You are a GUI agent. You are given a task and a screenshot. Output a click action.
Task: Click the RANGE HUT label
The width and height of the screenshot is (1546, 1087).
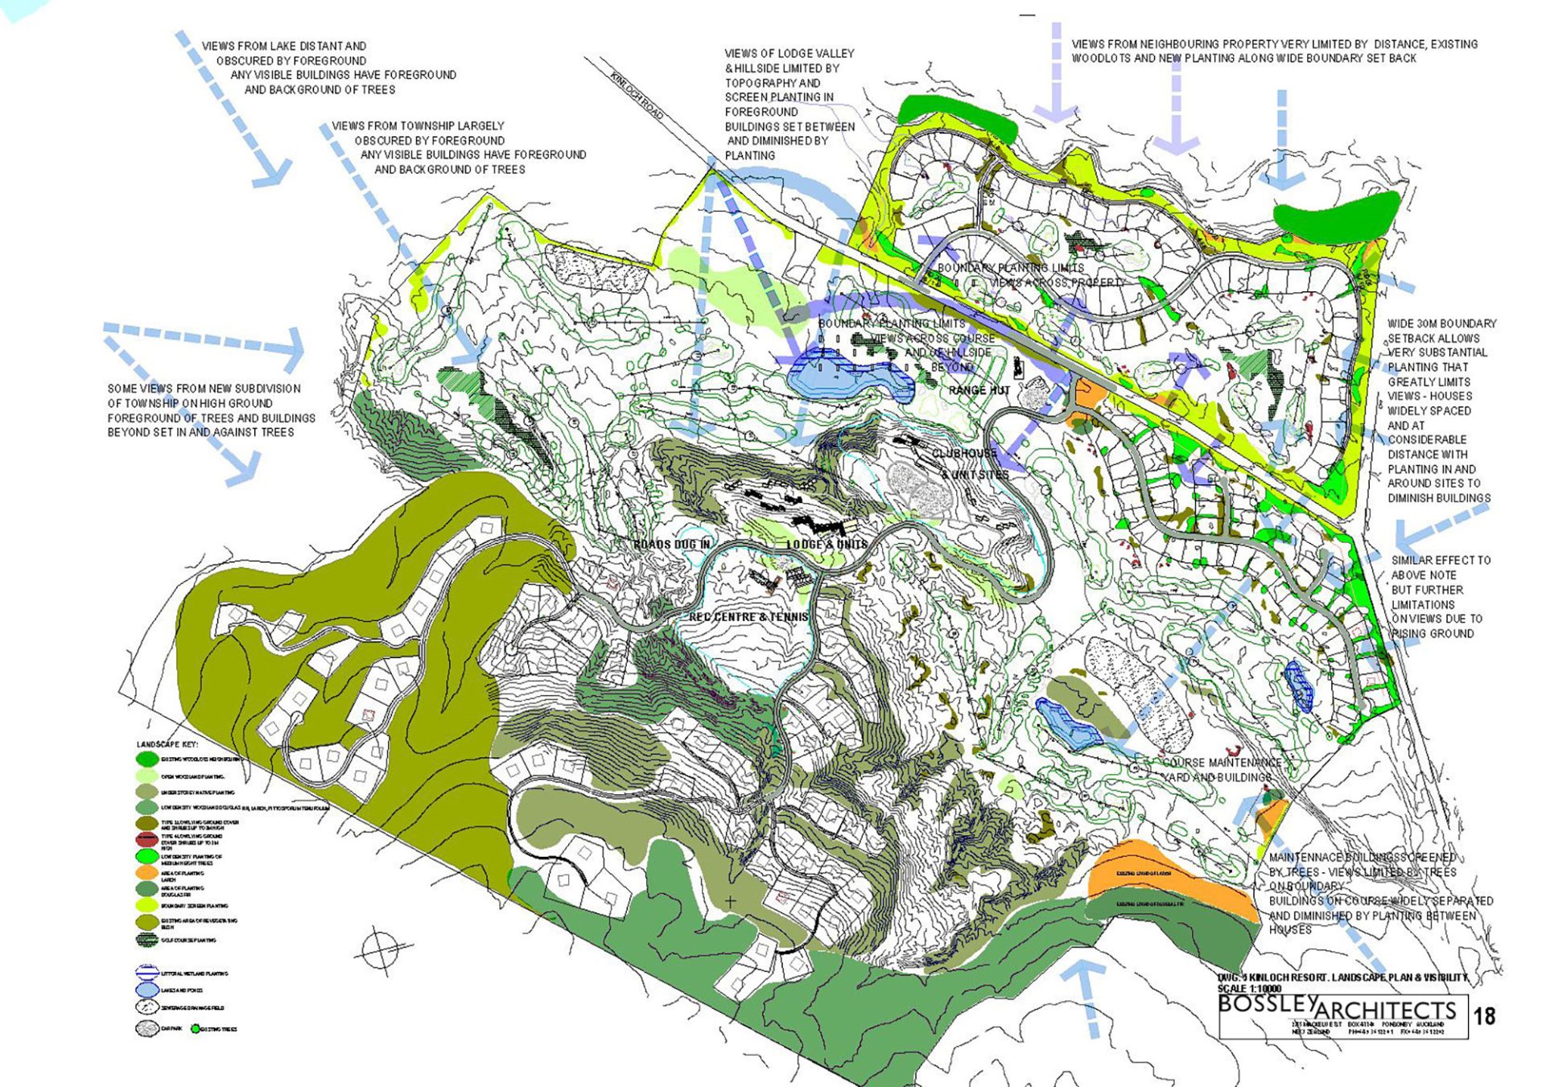pos(979,390)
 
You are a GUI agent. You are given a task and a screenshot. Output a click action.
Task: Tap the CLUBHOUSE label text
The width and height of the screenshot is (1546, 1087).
pos(964,454)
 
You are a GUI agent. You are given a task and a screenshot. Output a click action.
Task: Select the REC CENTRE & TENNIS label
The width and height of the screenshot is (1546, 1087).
pos(748,617)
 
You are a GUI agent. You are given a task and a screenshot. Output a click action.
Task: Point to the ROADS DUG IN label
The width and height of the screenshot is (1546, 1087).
pos(672,545)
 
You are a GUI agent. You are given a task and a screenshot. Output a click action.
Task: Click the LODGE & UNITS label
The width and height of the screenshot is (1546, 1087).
pos(827,545)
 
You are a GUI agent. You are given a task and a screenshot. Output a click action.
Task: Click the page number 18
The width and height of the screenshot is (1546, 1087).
pos(1484,1016)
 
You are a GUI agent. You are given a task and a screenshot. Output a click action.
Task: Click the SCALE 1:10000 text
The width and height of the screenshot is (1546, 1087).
pos(1249,989)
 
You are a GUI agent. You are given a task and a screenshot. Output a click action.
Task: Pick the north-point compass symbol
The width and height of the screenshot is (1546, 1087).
pos(382,951)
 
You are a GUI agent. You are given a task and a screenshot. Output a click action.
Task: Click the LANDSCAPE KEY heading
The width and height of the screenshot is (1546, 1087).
pos(167,744)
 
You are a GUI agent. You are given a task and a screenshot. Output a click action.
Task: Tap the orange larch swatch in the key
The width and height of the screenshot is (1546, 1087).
pos(146,873)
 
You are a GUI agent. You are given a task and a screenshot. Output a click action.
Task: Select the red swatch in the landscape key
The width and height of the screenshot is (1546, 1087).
pos(146,839)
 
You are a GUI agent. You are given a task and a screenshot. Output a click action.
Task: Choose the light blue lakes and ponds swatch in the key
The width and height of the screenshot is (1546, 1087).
pos(146,990)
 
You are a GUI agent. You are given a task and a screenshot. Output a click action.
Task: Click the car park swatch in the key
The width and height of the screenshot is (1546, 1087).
pos(146,1028)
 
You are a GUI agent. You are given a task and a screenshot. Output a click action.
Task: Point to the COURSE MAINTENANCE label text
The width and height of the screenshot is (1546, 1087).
pos(1222,763)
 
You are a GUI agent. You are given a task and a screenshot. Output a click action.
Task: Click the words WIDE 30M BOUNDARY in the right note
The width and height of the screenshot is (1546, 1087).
pos(1441,324)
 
